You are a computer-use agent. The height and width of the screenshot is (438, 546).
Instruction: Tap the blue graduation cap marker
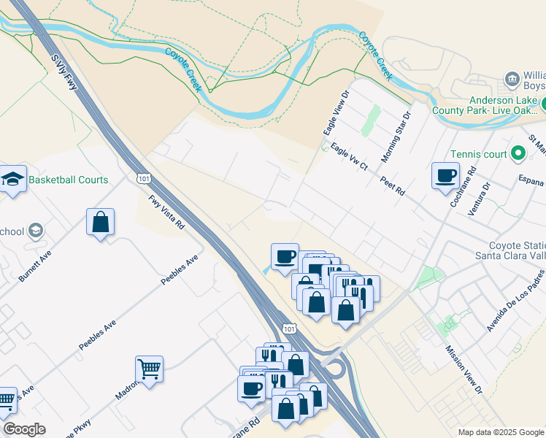click(x=12, y=180)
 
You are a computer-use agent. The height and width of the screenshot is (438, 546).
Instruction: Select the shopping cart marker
click(x=149, y=369)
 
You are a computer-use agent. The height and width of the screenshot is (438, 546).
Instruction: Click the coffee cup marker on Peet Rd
click(x=445, y=176)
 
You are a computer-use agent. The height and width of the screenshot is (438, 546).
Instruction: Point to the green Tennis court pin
click(x=518, y=153)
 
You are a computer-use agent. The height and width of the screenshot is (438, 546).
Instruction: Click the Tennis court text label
click(x=479, y=154)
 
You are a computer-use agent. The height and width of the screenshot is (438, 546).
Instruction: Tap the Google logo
click(x=24, y=429)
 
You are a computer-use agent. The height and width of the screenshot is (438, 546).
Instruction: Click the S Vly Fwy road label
click(x=64, y=71)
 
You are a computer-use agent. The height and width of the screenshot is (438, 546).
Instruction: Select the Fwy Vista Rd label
click(x=166, y=212)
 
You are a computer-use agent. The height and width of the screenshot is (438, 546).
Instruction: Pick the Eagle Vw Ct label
click(x=349, y=158)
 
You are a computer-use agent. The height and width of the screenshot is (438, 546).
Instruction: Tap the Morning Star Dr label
click(x=396, y=137)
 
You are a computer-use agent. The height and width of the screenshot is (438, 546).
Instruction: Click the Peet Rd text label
click(x=392, y=185)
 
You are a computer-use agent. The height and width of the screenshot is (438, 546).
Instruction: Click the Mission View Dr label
click(x=464, y=369)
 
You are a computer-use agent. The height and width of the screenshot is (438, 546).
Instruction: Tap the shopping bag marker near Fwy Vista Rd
click(x=100, y=223)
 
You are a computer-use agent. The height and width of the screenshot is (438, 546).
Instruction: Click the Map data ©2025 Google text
click(x=501, y=432)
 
